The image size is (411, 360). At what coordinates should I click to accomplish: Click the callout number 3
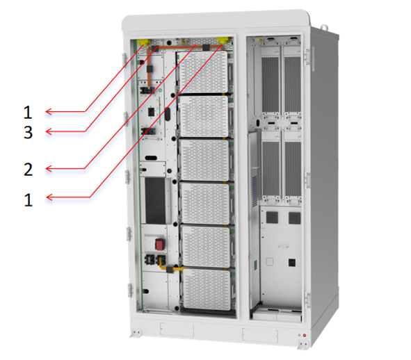29,132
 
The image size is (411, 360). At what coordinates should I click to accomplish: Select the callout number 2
29,170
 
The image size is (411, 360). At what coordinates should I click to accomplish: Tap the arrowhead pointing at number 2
49,169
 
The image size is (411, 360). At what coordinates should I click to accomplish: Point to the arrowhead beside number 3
49,131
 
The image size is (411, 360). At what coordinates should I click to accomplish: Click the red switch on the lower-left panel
159,245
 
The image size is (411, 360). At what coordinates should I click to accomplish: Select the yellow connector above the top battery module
223,40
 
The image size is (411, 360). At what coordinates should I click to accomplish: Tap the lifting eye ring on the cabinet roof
324,27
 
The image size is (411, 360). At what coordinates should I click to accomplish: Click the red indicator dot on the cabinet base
305,335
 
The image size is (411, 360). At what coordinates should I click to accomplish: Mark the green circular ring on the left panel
160,90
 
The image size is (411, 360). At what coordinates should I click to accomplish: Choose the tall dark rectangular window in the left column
156,200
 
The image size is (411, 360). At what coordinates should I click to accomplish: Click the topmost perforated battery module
202,72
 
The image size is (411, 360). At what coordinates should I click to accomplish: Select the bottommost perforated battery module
207,290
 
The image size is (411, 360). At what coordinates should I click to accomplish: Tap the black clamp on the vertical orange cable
150,69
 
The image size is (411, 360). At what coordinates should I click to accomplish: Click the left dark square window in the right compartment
272,218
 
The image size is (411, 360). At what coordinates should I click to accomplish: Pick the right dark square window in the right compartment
294,218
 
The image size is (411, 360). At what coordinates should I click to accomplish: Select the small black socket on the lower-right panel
292,263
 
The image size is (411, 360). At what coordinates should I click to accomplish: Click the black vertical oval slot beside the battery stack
168,114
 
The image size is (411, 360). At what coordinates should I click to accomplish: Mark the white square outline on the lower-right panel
269,262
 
